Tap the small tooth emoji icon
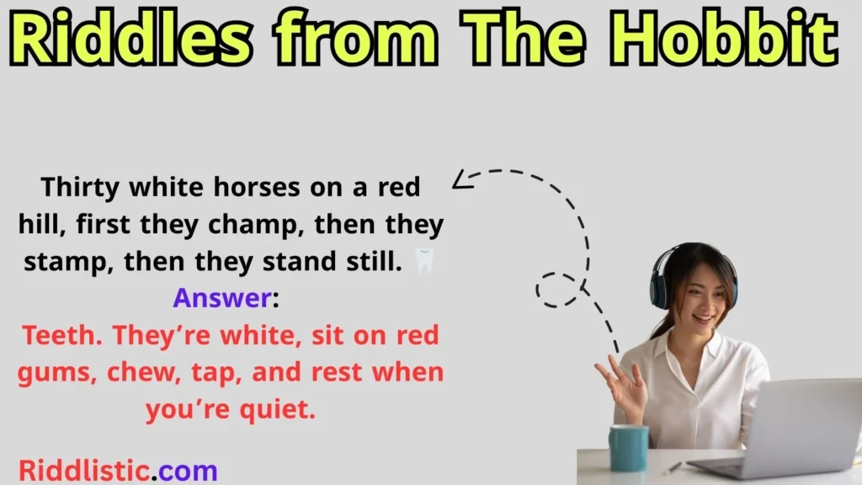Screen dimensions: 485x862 coord(425,261)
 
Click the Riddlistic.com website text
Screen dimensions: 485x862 coord(118,468)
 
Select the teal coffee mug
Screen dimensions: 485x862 coord(629,447)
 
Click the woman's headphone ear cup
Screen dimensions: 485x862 coord(659,287)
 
